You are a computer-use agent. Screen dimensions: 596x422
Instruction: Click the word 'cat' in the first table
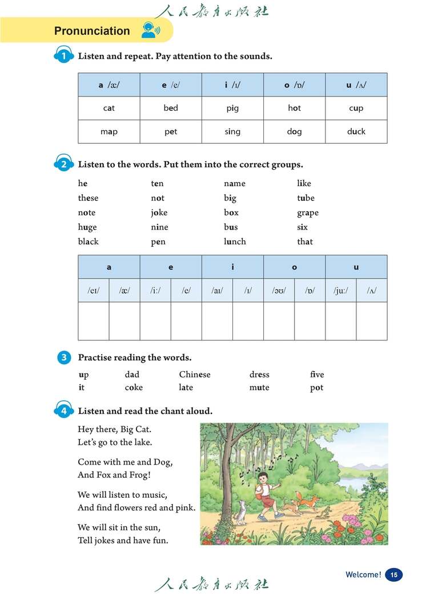click(109, 108)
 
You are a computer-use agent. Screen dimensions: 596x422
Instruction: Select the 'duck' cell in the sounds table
click(356, 131)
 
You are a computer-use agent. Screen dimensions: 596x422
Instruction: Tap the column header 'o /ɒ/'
click(294, 85)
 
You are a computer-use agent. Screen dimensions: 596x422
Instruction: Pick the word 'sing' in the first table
click(232, 131)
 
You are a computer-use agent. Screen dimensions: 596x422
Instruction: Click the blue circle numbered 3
click(64, 358)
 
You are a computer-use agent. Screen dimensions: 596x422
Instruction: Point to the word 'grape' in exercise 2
click(308, 212)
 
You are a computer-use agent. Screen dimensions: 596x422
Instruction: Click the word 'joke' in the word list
click(159, 212)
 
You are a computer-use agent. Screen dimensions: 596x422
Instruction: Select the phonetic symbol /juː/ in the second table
click(341, 291)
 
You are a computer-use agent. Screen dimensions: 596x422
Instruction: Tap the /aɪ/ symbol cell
click(217, 291)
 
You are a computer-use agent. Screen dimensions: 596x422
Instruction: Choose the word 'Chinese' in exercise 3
click(195, 374)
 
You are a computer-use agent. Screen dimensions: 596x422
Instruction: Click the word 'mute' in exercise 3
click(259, 387)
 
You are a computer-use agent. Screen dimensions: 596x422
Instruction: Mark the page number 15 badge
click(393, 575)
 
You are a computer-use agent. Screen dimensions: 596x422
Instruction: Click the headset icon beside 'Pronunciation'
click(148, 30)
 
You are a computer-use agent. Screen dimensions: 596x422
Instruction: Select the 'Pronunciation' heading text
click(92, 31)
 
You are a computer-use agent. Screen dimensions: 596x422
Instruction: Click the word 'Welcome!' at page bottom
click(363, 575)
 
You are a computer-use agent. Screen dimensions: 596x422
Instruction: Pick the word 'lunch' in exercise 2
click(235, 241)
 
